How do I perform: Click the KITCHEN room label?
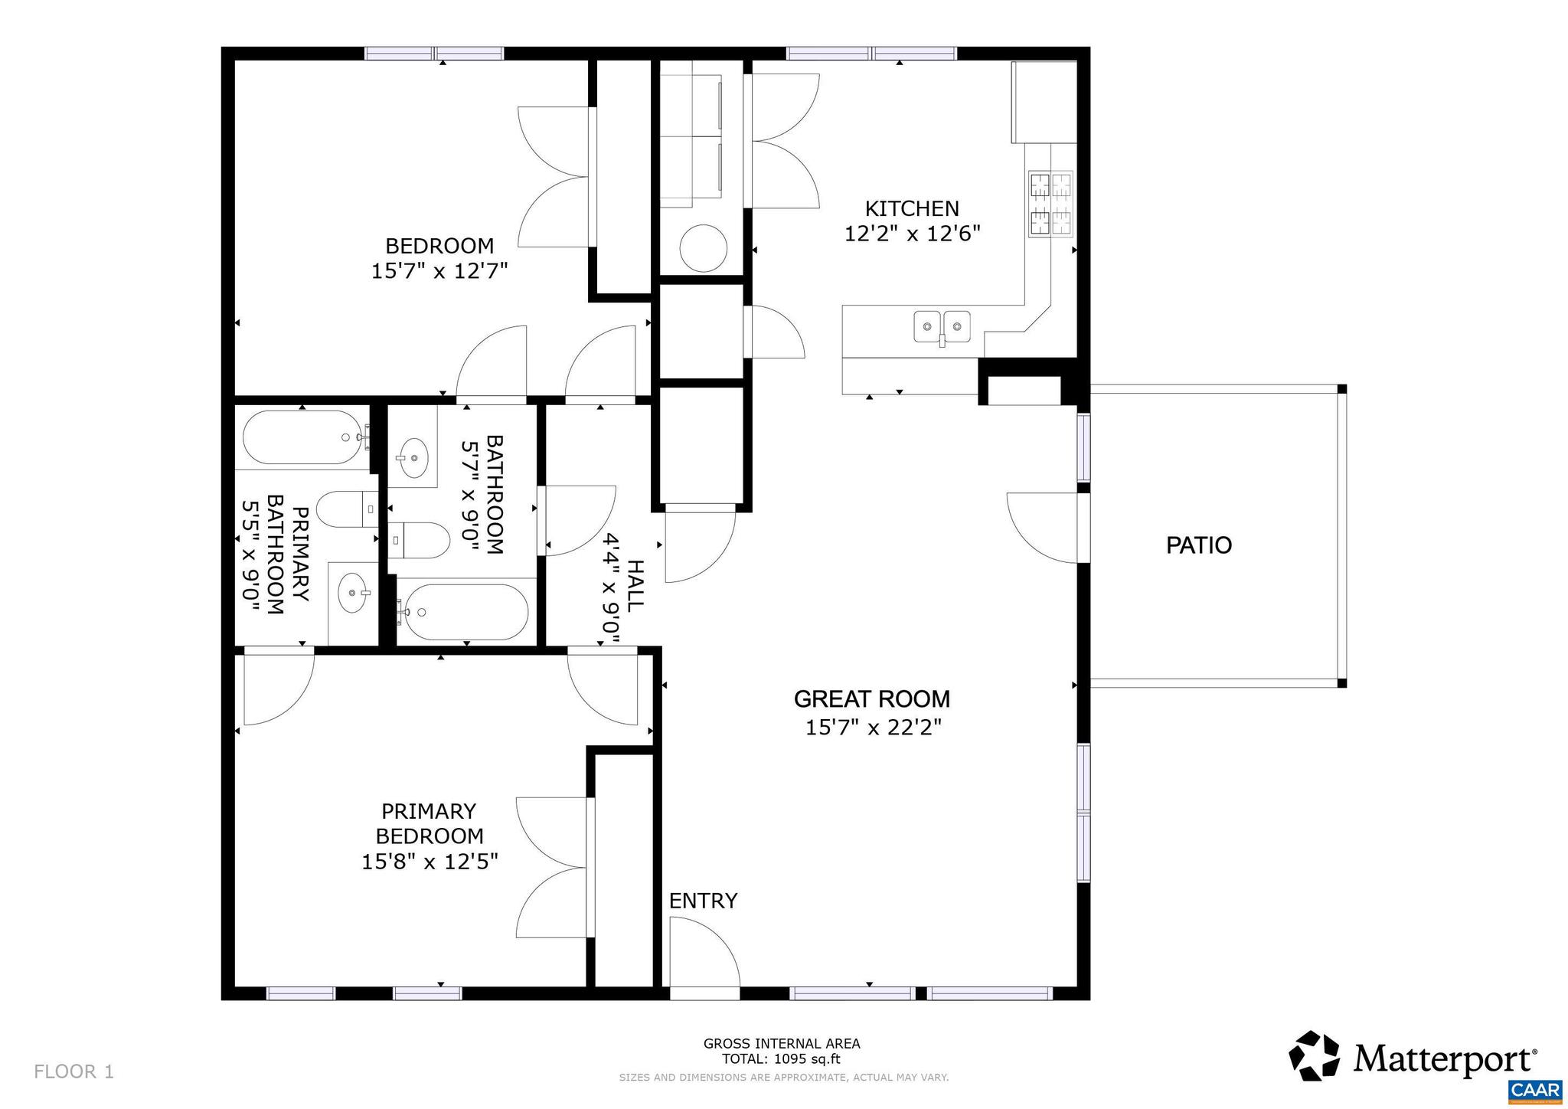(x=911, y=208)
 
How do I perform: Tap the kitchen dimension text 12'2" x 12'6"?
(x=912, y=234)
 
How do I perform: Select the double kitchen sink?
(x=942, y=327)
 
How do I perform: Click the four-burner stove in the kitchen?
(x=1051, y=204)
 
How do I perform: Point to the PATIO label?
(x=1198, y=545)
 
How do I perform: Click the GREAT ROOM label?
(x=871, y=699)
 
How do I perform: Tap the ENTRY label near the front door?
(x=703, y=901)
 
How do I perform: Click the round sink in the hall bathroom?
(x=413, y=457)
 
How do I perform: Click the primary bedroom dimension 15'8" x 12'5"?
(x=430, y=862)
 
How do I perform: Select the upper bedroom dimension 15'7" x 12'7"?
(x=439, y=271)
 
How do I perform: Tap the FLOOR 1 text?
(x=73, y=1071)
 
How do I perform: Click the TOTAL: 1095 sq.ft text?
(x=781, y=1059)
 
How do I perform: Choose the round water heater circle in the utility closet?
(x=703, y=247)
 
